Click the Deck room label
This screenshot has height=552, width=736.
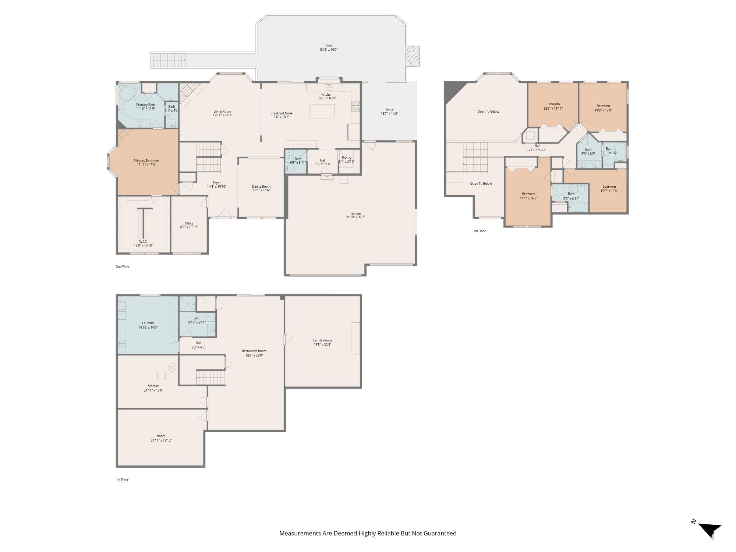click(x=329, y=46)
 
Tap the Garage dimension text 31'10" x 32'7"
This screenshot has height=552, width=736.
click(x=355, y=217)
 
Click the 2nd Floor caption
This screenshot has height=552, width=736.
click(x=123, y=267)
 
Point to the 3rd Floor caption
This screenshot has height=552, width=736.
click(x=479, y=231)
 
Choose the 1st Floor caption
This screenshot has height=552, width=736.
click(x=122, y=480)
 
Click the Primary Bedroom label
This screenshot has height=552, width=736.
click(x=146, y=161)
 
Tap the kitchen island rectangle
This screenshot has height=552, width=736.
click(x=322, y=112)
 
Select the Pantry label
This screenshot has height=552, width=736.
click(x=347, y=158)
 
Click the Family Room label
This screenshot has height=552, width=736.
click(x=322, y=340)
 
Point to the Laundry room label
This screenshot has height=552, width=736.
click(x=148, y=323)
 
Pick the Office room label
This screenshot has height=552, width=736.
click(x=189, y=223)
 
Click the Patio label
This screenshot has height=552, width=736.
click(x=389, y=110)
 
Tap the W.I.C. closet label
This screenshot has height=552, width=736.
click(x=143, y=242)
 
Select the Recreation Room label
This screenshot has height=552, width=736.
click(x=254, y=351)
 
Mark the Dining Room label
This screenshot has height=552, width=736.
click(x=261, y=186)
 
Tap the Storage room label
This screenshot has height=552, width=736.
click(x=153, y=386)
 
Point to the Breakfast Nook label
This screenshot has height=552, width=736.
click(x=282, y=113)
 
